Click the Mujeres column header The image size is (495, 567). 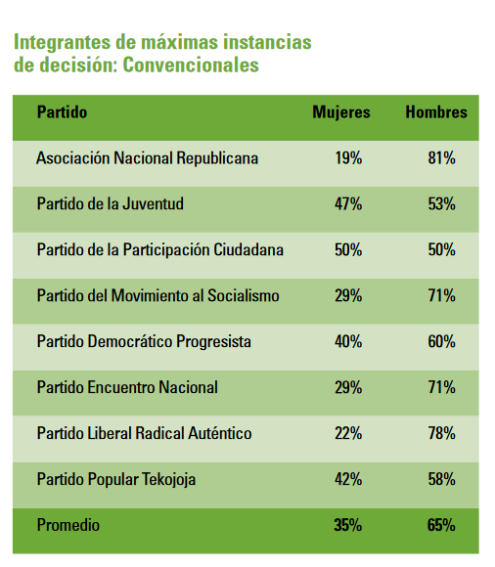click(x=341, y=112)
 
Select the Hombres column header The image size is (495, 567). click(x=436, y=111)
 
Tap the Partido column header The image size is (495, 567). click(x=62, y=111)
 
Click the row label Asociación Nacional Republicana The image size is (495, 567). click(x=148, y=158)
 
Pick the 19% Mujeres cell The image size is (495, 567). click(x=348, y=158)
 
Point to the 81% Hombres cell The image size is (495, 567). click(x=441, y=158)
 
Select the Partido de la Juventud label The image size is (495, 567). click(x=110, y=203)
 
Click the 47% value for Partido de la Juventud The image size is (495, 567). click(x=348, y=204)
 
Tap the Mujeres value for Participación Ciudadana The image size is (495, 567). click(x=348, y=250)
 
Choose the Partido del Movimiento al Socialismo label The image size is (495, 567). click(x=158, y=295)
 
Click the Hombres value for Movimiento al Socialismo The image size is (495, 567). click(x=441, y=296)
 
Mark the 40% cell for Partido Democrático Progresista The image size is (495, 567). click(x=348, y=342)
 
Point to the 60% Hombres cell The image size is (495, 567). click(x=441, y=342)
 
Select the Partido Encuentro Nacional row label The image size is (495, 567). click(x=127, y=387)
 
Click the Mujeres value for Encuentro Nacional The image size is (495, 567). click(x=348, y=388)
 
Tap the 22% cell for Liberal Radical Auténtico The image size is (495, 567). click(x=348, y=433)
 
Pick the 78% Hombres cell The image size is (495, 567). click(x=441, y=433)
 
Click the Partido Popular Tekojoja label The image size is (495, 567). click(x=116, y=480)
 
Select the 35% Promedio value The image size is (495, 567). click(x=347, y=525)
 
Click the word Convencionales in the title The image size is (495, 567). click(x=191, y=65)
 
